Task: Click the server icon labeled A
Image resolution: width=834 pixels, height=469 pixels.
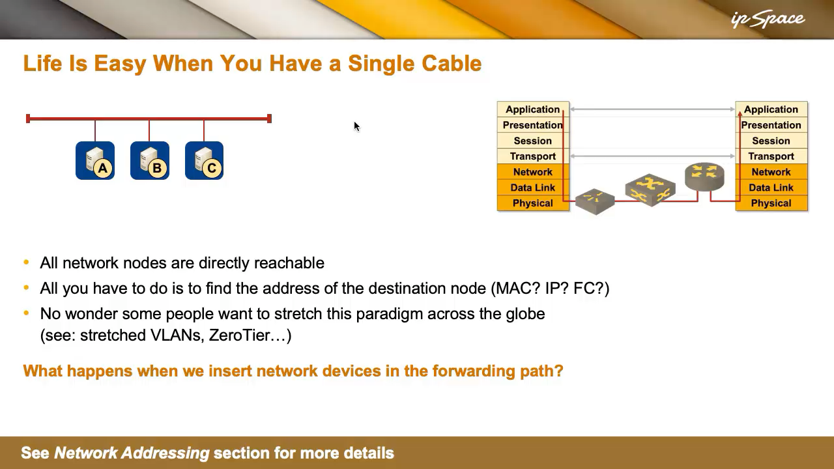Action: tap(95, 160)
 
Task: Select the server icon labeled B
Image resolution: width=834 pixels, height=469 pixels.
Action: tap(150, 160)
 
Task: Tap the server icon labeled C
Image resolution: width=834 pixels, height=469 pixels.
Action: tap(204, 160)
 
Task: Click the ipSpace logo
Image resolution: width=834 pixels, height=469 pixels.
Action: tap(768, 20)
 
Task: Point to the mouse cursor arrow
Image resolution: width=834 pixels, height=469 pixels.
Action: tap(356, 126)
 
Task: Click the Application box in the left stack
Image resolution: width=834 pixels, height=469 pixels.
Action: tap(533, 109)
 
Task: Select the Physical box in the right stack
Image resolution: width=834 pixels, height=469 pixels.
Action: tap(771, 203)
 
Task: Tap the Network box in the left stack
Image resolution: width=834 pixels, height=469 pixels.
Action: tap(533, 171)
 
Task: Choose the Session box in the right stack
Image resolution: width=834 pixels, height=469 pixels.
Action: tap(771, 140)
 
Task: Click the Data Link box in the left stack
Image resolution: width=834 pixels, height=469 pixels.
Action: tap(533, 187)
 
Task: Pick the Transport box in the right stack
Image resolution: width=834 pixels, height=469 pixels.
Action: tap(771, 156)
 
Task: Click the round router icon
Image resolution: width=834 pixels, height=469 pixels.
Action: tap(704, 177)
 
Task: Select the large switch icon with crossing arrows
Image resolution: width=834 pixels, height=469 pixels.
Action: tap(650, 190)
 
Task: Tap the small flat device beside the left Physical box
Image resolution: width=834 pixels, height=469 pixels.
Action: tap(595, 201)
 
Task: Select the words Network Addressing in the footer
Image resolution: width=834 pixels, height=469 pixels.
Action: tap(132, 453)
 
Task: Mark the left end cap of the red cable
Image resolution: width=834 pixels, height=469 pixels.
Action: tap(28, 119)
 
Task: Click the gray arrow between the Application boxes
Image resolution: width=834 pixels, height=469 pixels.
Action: tap(652, 109)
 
